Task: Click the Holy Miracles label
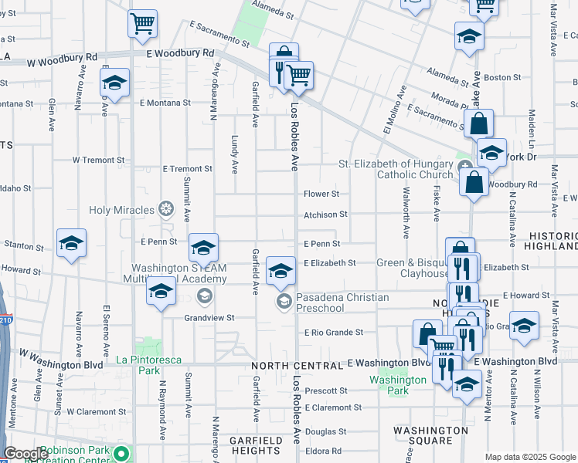tap(124, 208)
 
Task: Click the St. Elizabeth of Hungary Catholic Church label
tap(396, 169)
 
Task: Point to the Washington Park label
tap(398, 384)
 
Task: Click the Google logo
tap(25, 454)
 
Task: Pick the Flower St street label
tap(321, 194)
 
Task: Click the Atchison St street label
tap(325, 215)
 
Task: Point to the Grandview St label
tap(209, 317)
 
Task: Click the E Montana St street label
tap(165, 103)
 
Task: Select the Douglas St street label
tap(325, 431)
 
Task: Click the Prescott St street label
tap(327, 390)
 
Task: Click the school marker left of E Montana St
tap(115, 83)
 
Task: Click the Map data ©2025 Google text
tap(529, 457)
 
